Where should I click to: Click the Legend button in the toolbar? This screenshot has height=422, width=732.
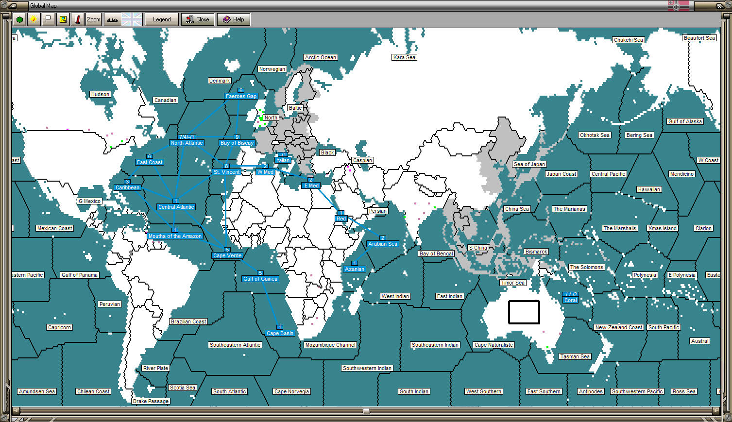coord(162,19)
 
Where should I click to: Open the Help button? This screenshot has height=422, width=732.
coord(233,19)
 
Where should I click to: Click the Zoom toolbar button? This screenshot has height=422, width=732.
coord(93,19)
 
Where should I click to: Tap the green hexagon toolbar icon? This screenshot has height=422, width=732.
coord(19,19)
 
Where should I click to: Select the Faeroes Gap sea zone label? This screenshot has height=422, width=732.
coord(241,96)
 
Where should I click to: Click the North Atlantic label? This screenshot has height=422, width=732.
coord(187,143)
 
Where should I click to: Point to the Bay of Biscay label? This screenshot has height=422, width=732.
coord(237,143)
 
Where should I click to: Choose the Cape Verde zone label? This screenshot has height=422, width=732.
coord(227,255)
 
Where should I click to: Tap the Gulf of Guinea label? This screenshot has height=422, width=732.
coord(260,279)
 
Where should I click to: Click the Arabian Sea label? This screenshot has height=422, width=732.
coord(383,244)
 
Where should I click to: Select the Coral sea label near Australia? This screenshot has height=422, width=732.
coord(570,300)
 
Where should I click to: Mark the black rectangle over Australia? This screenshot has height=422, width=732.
coord(524,312)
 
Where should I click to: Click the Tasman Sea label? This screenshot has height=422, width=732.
coord(575,356)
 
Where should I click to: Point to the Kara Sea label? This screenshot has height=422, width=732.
coord(405,57)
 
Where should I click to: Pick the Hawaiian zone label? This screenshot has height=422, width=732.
coord(649,189)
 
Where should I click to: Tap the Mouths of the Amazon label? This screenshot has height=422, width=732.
coord(175,236)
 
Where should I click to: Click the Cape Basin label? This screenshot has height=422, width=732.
coord(280,333)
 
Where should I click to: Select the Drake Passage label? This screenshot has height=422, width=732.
coord(151,401)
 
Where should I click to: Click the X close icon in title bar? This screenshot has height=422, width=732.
coord(720,6)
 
